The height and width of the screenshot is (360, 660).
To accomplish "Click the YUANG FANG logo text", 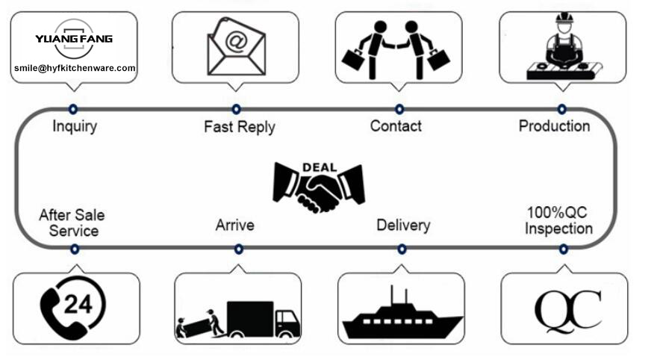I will pos(74,38).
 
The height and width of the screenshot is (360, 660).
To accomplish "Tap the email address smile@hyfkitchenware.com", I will pos(75,68).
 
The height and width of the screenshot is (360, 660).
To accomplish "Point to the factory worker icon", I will pos(561,46).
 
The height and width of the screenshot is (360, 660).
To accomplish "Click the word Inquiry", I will pos(75,126).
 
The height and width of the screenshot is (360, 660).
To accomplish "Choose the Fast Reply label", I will pos(239,127).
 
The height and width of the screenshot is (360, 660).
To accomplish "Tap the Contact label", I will pos(396,126).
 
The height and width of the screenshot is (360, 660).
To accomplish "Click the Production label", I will pos(554,125).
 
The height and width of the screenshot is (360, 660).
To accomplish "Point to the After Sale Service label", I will pos(72,223).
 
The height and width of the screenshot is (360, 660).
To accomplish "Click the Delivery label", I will pos(403,224).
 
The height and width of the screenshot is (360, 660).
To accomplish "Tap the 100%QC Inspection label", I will pos(558,221).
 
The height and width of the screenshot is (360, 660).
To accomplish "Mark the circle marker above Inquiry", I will pos(73,108).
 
